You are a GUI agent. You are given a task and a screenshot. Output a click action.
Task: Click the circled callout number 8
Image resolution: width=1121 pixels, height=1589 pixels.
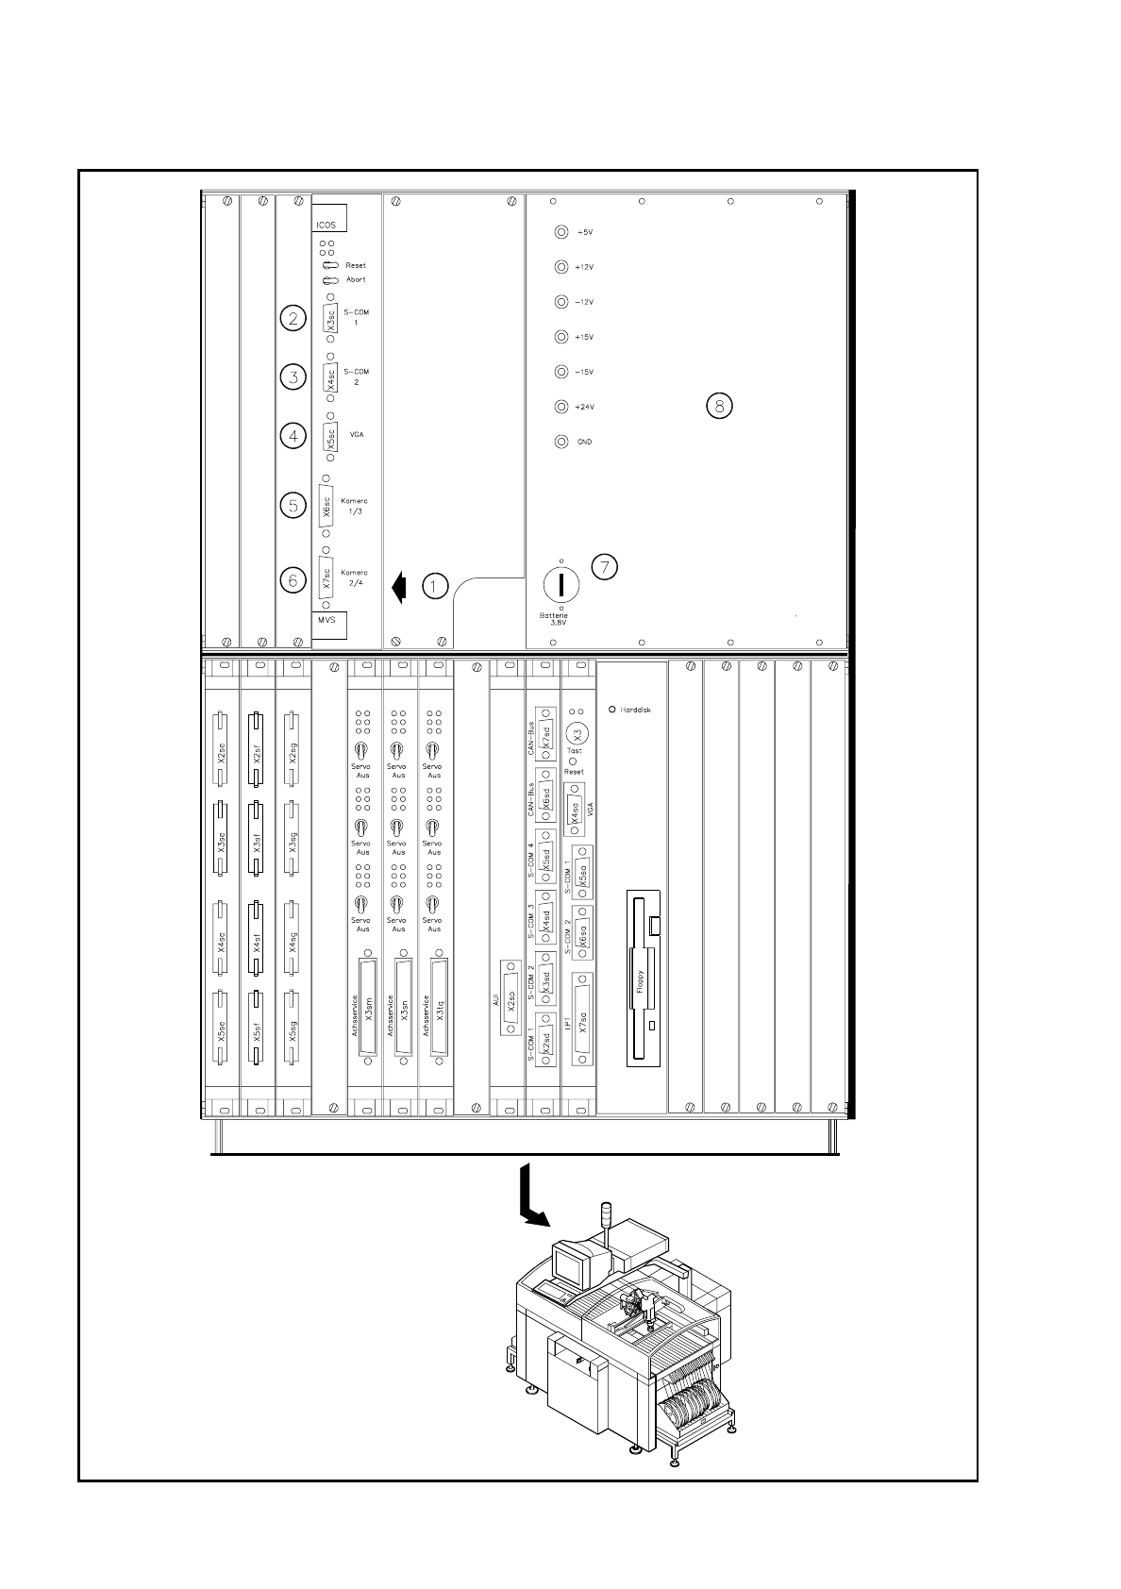[719, 407]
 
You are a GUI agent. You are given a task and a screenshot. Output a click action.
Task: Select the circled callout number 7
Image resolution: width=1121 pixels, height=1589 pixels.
[605, 566]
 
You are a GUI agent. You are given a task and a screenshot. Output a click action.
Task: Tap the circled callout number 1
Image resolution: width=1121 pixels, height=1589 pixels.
[434, 586]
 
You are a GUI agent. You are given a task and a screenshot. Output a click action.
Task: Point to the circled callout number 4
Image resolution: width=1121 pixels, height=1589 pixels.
[293, 436]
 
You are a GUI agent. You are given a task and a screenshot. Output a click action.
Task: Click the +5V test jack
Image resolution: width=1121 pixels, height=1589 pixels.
[561, 232]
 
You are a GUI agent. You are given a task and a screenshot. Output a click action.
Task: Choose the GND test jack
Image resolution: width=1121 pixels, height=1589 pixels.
[561, 442]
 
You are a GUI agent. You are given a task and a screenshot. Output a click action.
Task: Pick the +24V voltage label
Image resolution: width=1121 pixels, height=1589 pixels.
[584, 408]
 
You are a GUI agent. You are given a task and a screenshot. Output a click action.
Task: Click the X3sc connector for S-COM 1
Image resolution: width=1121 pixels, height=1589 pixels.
[330, 318]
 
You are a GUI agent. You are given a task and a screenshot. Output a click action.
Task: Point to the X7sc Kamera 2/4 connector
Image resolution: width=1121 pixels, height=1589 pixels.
[326, 577]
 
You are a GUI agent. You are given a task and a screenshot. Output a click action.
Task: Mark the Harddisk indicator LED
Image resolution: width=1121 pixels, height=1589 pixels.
[612, 709]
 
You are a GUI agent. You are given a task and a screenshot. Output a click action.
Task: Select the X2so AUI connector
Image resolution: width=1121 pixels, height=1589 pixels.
[510, 998]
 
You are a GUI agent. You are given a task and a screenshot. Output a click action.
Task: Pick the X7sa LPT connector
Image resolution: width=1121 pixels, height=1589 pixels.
[582, 1019]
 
